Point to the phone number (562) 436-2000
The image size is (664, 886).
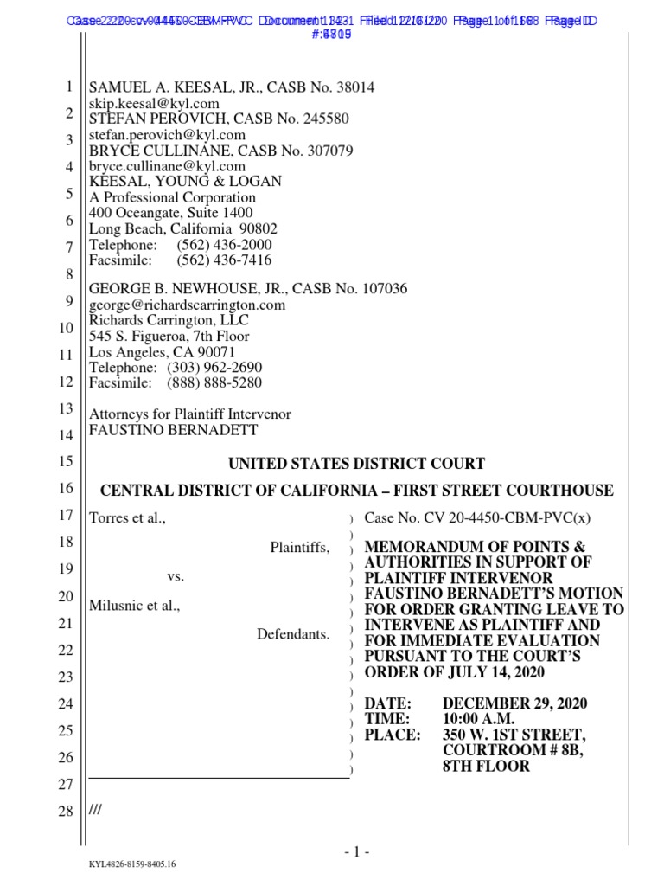coord(224,245)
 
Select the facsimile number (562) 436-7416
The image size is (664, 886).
coord(224,260)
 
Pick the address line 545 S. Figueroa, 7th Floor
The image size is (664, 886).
coord(169,336)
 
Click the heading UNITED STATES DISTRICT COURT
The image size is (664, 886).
coord(355,464)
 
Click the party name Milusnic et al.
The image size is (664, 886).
coord(135,606)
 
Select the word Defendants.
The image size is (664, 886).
coord(293,635)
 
